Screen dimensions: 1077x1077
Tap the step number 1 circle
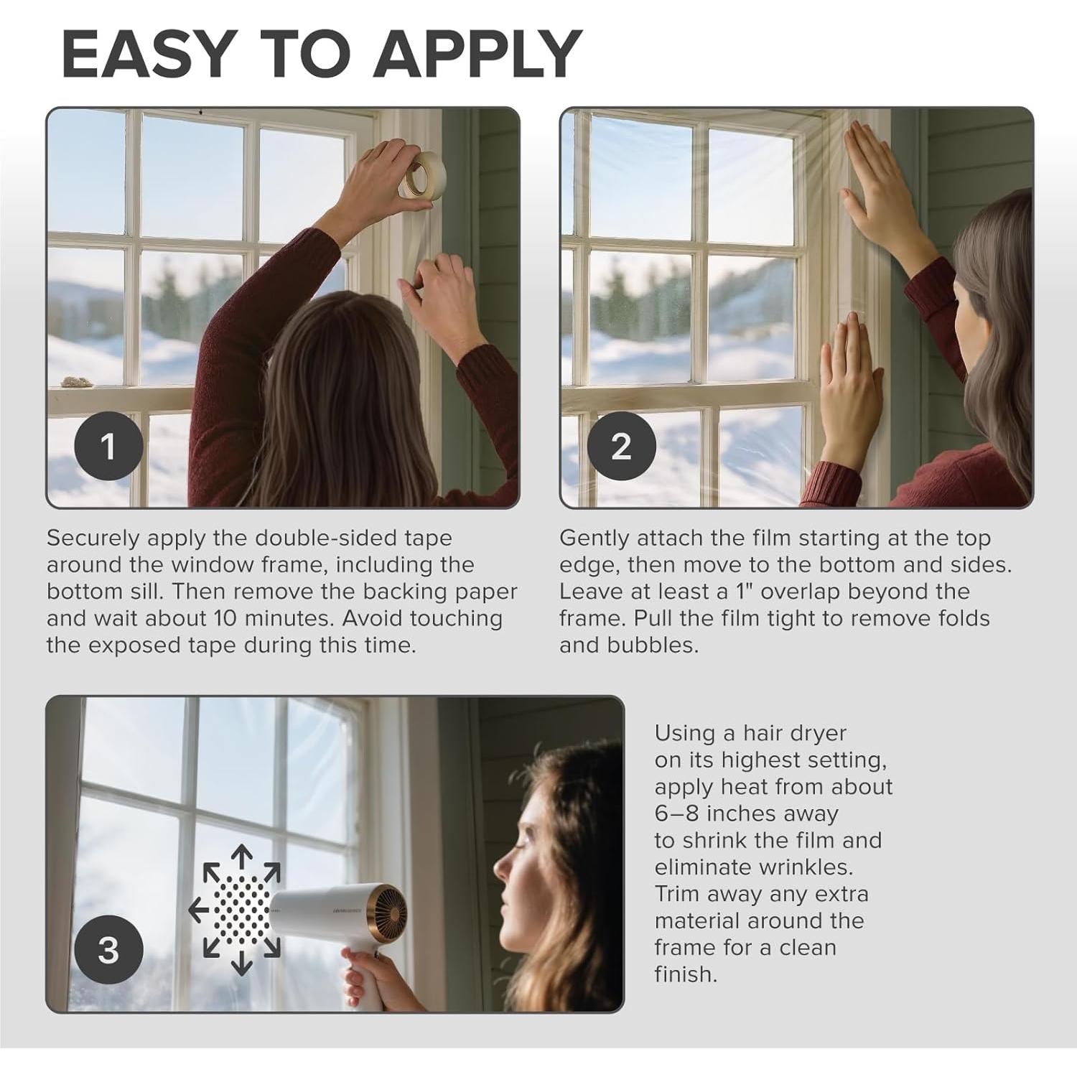[108, 447]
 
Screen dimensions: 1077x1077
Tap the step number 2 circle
[621, 447]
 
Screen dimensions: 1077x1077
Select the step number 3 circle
[108, 950]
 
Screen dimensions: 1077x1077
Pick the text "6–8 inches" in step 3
[746, 813]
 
